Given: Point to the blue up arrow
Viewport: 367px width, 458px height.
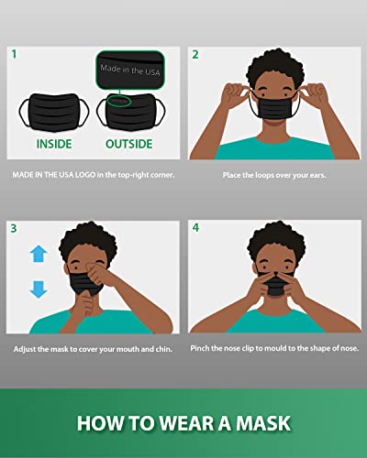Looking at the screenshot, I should (38, 254).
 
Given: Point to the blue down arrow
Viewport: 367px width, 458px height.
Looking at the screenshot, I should (38, 289).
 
